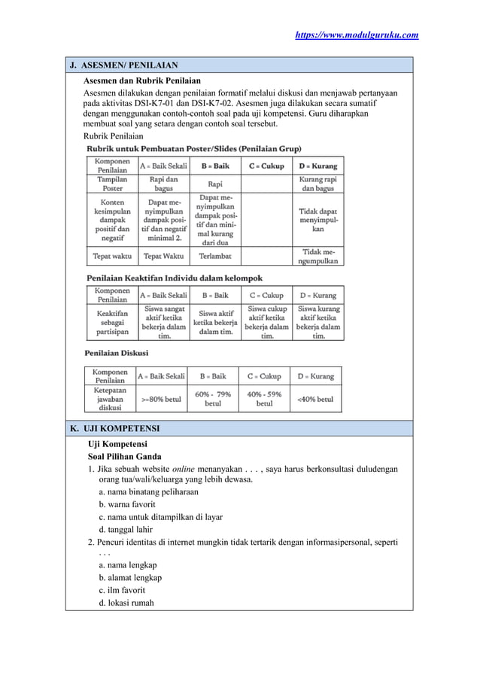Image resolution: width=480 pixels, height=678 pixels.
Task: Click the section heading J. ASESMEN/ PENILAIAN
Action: tap(123, 65)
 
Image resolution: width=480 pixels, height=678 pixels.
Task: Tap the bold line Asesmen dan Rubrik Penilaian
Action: tap(141, 79)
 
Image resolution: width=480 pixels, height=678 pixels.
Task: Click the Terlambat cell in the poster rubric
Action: tap(215, 257)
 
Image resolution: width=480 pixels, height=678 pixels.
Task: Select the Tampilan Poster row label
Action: tap(111, 184)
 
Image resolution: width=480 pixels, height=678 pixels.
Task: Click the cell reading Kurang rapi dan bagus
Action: tap(317, 184)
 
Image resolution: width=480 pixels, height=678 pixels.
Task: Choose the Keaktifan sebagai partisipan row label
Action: tap(111, 321)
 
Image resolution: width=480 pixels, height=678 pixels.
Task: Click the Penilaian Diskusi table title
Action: tap(116, 352)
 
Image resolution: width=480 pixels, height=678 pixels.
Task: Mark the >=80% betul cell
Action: tap(161, 400)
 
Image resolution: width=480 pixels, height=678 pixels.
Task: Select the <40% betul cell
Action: tap(316, 400)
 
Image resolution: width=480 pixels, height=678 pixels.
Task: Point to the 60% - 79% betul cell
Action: tap(213, 399)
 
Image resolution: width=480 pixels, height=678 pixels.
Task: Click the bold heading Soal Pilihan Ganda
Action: tap(126, 456)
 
